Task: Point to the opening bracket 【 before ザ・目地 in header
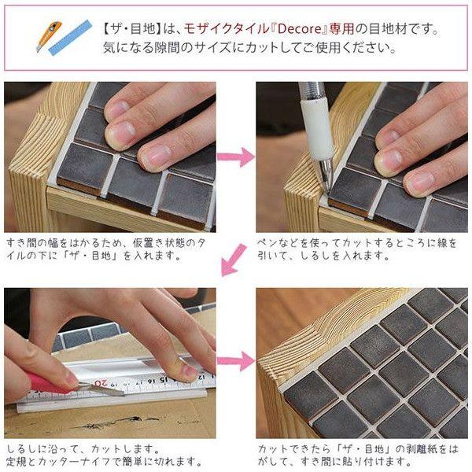[x=108, y=29]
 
